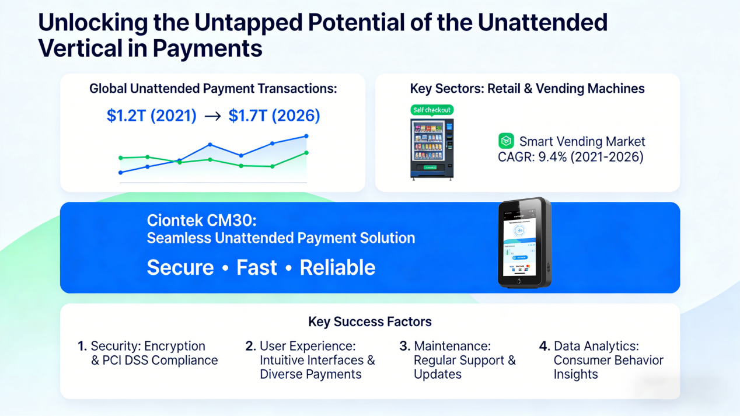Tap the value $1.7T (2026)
coord(274,116)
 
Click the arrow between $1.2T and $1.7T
coord(212,116)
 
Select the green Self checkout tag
coord(432,110)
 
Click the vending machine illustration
coord(432,148)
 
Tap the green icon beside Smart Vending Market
coord(506,141)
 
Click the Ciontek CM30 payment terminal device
coord(523,243)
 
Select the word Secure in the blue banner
coord(180,267)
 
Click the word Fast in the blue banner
coord(257,267)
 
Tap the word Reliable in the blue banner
coord(337,267)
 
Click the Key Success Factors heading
coord(370,321)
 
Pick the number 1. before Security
coord(82,347)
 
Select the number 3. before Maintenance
coord(404,347)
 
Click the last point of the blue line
coord(306,137)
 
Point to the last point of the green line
coord(306,153)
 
